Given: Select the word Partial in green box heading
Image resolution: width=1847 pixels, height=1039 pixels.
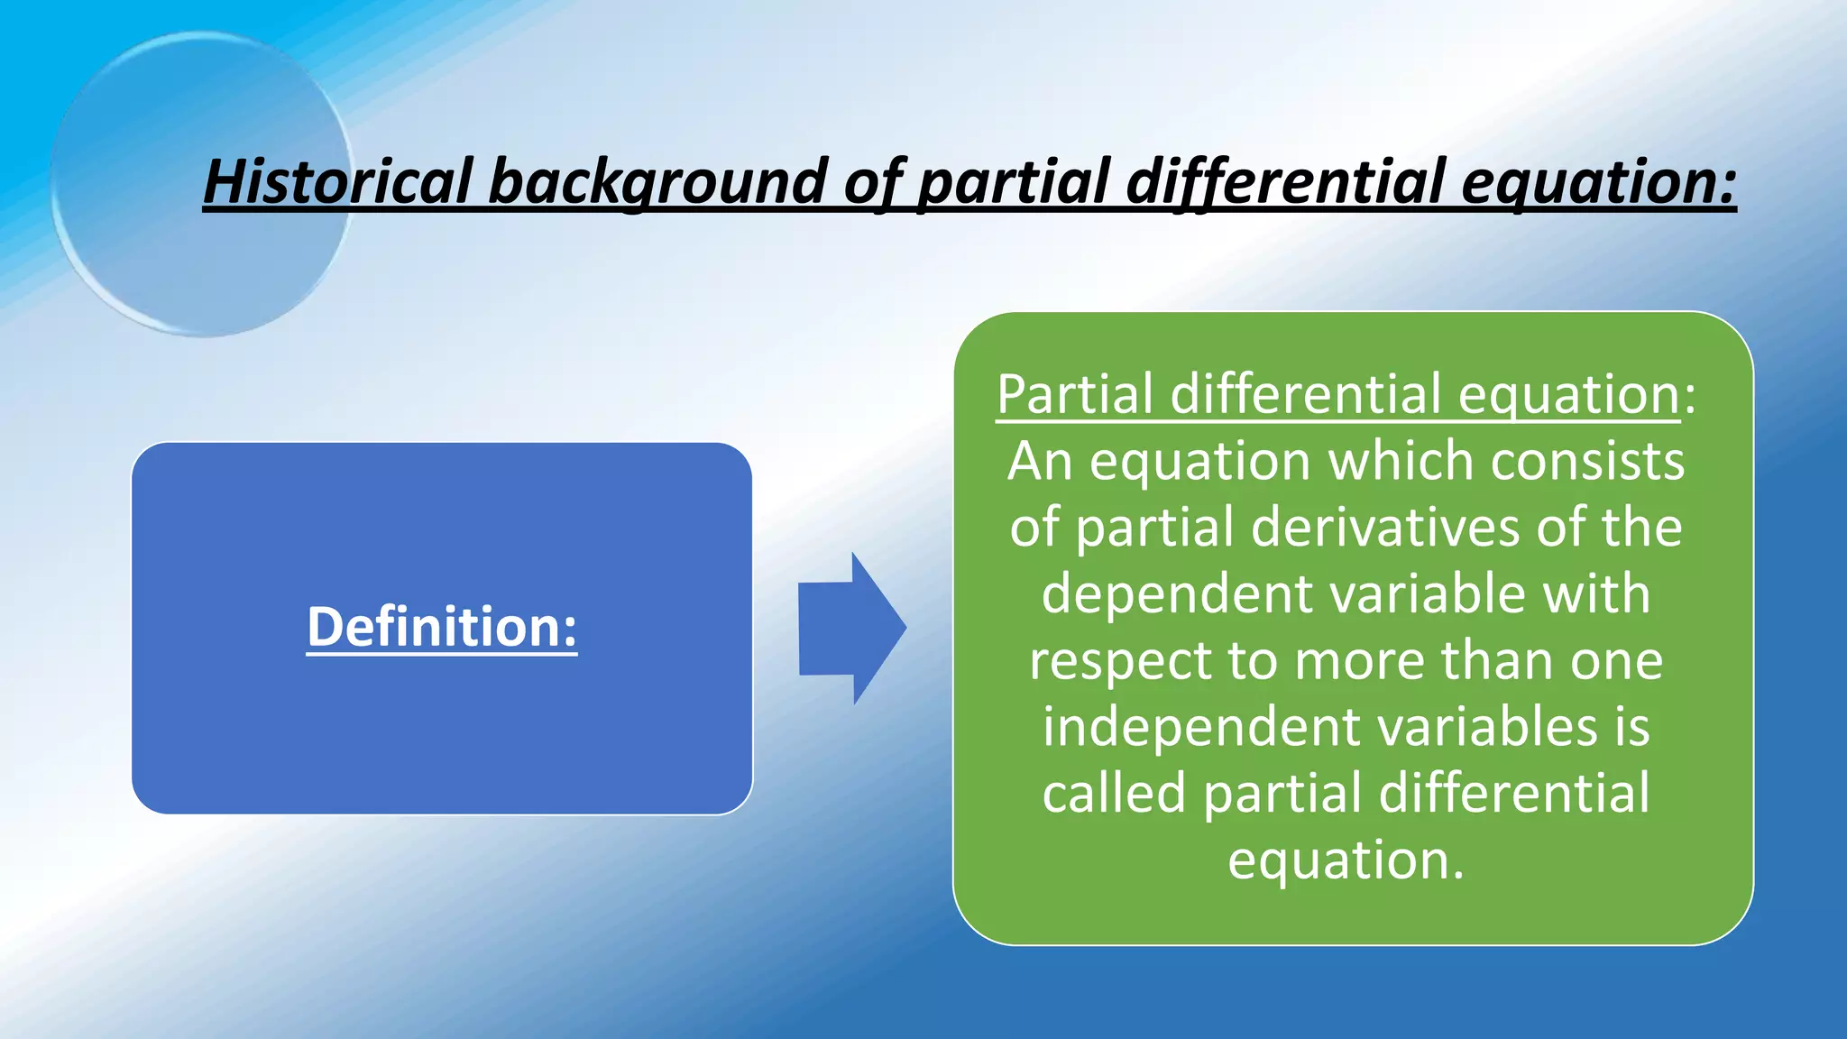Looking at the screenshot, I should (1075, 394).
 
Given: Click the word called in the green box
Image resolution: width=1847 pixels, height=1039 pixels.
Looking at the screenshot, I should (1113, 793).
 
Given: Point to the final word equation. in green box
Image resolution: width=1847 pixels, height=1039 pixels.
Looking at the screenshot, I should (1346, 860).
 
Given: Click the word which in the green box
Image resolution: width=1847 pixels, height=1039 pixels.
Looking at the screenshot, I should (1401, 461).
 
